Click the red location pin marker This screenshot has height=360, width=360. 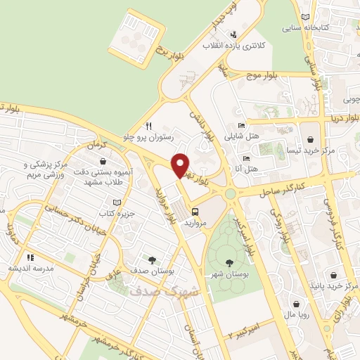tap(181, 165)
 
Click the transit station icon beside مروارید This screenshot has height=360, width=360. tap(194, 210)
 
